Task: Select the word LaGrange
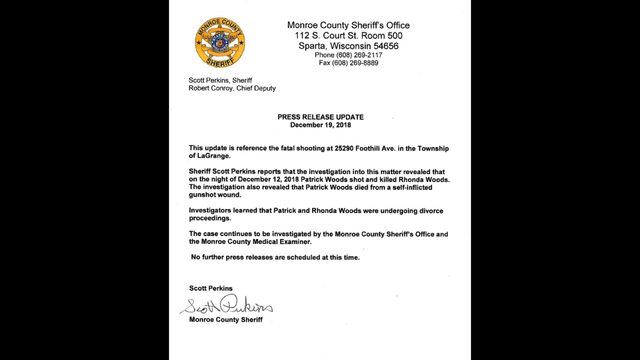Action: coord(208,158)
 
